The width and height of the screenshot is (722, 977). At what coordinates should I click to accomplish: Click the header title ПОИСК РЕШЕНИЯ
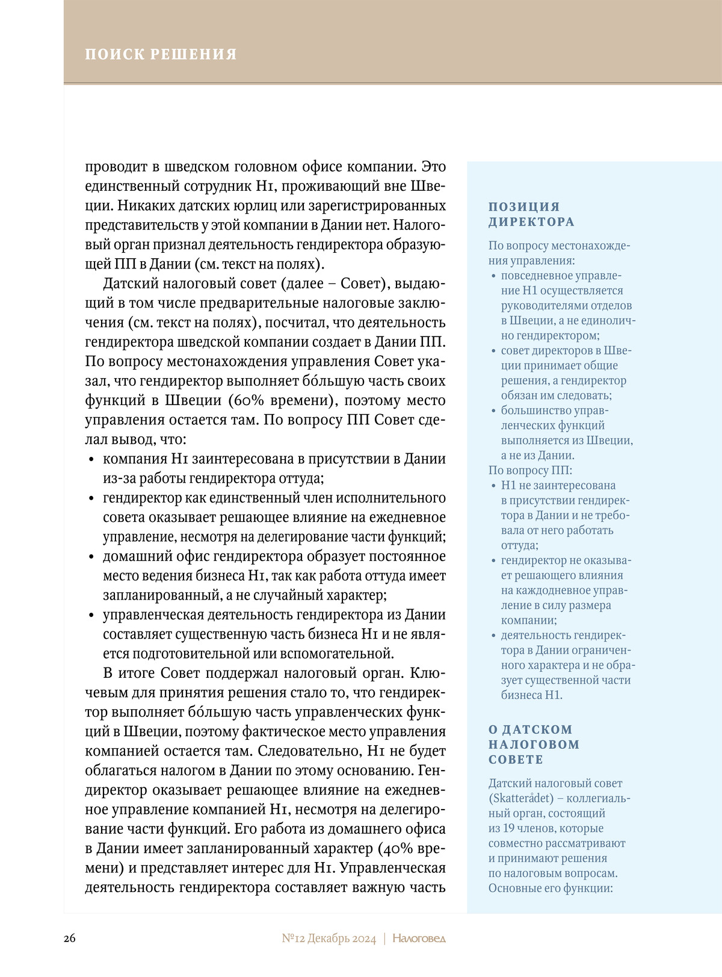(161, 54)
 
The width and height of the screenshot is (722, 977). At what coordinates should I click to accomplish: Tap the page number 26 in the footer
(70, 938)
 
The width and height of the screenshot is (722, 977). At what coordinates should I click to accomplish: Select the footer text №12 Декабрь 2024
(329, 938)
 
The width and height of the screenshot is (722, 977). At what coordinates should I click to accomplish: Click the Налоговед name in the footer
(419, 938)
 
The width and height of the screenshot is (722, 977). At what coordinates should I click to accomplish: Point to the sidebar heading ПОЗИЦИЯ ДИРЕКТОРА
(531, 214)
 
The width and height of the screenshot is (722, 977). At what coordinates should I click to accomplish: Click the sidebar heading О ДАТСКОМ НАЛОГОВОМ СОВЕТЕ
(534, 745)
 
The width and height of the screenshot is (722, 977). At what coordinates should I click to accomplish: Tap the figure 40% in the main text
(396, 849)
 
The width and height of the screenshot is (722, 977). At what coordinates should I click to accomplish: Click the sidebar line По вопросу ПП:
(530, 470)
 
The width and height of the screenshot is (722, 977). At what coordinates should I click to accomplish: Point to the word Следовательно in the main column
(307, 751)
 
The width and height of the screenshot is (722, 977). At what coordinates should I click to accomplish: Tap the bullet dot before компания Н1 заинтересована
(91, 460)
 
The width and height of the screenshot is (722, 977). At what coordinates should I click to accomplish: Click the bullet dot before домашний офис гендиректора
(91, 557)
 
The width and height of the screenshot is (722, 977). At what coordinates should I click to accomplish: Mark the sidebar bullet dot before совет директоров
(494, 351)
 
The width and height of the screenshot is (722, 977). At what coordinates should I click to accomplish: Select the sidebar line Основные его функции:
(551, 888)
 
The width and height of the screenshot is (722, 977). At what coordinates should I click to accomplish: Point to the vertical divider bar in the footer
(384, 938)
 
